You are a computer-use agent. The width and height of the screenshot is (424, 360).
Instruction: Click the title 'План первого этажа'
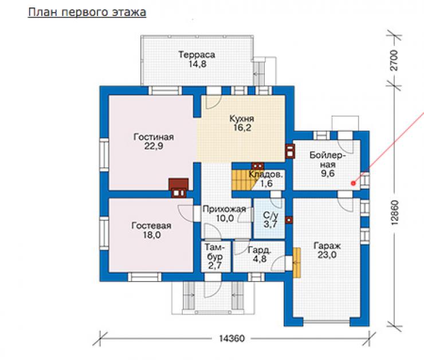[x=87, y=13]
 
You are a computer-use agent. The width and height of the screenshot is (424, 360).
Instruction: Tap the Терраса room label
[x=197, y=54]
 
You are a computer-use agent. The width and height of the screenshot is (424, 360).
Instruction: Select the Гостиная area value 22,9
[x=154, y=146]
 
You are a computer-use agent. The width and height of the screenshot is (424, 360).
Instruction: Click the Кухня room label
[x=241, y=118]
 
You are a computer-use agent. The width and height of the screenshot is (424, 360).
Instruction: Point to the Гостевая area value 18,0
[x=152, y=235]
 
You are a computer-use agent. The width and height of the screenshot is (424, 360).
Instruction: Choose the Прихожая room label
[x=224, y=209]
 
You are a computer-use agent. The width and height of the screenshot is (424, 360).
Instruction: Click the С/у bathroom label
[x=270, y=215]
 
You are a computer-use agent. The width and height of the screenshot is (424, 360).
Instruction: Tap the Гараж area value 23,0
[x=327, y=255]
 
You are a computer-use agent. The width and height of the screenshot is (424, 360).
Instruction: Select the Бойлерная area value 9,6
[x=328, y=173]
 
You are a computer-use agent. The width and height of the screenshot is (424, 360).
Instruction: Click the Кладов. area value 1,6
[x=266, y=184]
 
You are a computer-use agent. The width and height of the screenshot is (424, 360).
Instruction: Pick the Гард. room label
[x=259, y=250]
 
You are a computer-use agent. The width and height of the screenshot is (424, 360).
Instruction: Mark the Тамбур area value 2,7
[x=215, y=265]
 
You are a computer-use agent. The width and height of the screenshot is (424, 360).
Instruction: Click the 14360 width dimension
[x=231, y=338]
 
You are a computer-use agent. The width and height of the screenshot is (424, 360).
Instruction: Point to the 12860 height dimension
[x=395, y=212]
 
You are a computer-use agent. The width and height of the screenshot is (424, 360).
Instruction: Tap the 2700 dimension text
[x=394, y=61]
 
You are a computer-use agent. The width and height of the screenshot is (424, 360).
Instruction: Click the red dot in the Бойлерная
[x=353, y=183]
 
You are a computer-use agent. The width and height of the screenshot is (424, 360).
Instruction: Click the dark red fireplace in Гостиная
[x=178, y=188]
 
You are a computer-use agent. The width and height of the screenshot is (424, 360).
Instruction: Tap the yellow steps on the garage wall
[x=297, y=263]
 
